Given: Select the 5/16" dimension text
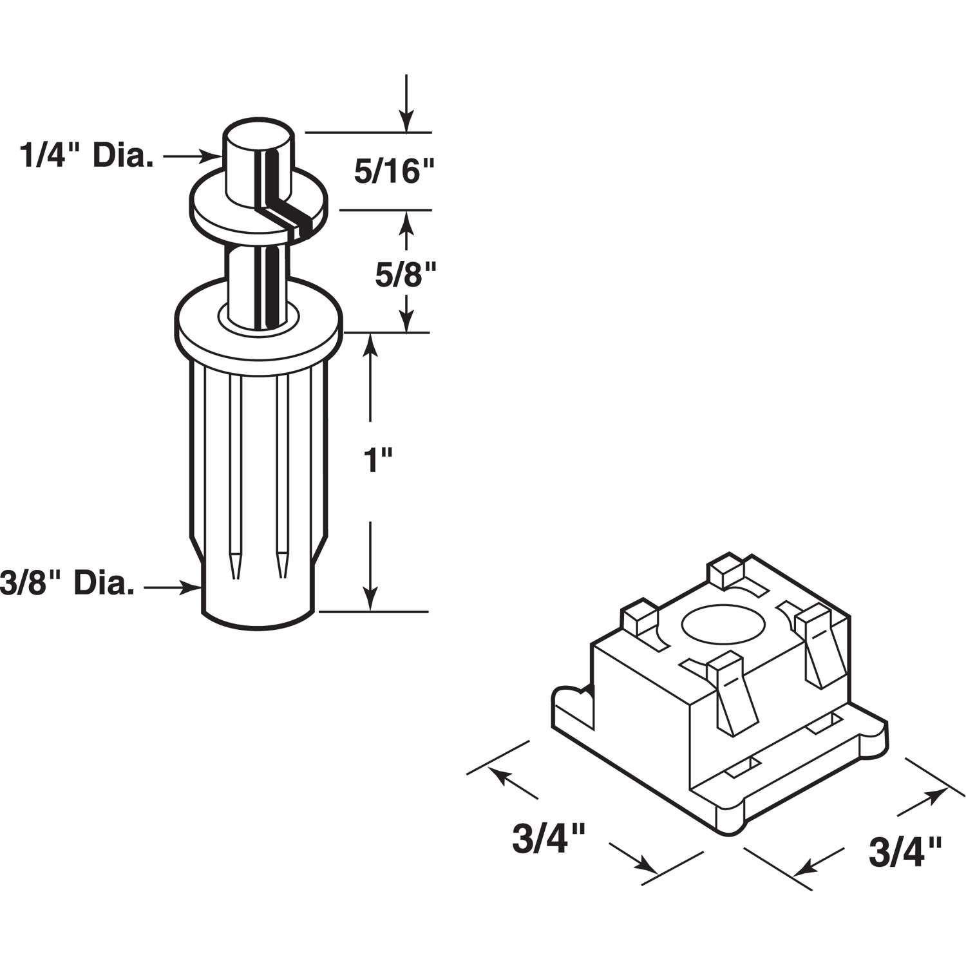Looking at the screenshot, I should coord(395,172).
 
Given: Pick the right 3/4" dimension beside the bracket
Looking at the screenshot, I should coord(905,852).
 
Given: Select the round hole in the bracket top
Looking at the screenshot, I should coord(724,626).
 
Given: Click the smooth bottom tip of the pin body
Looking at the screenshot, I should coord(258,599).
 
